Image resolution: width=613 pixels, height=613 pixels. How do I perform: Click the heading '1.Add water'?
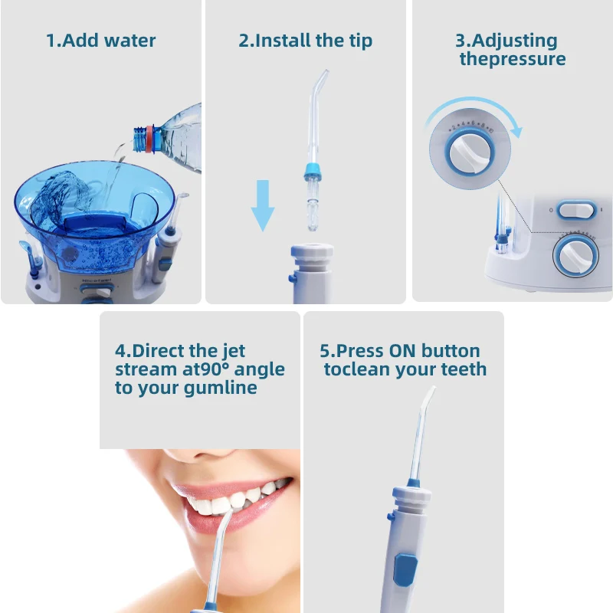100,41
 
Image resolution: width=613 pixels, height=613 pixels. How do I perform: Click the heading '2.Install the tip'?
306,41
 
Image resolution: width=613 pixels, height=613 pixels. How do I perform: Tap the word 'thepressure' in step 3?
512,59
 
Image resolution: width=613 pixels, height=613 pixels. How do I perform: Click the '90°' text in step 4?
221,369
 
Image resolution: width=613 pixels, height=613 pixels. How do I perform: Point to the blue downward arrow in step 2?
263,205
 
